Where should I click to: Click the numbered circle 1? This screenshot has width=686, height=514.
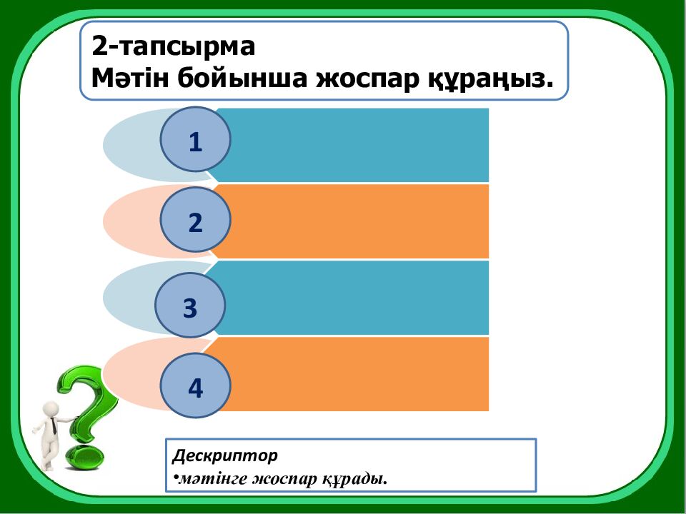tap(195, 140)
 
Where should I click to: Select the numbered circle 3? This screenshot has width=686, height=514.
tap(190, 308)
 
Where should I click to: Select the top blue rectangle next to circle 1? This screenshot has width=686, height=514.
tap(357, 145)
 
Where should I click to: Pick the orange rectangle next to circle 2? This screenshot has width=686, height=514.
tap(357, 221)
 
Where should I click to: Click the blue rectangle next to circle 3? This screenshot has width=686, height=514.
tap(357, 298)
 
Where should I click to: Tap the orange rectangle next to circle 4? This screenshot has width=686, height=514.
tap(357, 374)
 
